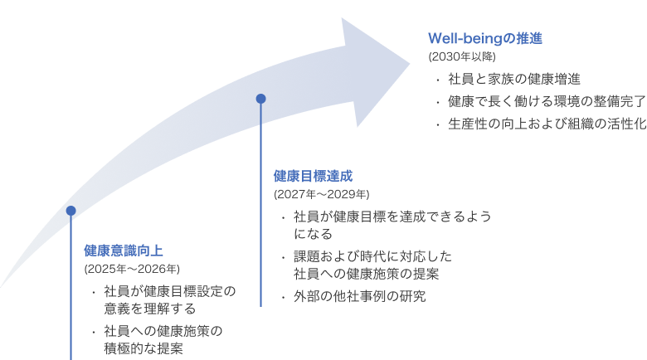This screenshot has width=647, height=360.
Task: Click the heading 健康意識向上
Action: pos(124,250)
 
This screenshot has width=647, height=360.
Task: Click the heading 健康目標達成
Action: pos(314,176)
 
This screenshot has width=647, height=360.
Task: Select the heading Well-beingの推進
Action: pos(484,38)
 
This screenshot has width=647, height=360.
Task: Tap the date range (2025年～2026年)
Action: pos(132,269)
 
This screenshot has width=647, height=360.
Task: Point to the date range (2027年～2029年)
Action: pos(322,195)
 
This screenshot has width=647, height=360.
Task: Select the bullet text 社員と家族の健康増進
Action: pos(513,80)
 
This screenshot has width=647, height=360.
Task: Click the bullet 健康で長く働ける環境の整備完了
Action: pos(547,101)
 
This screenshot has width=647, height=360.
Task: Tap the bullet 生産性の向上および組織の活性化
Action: pos(547,124)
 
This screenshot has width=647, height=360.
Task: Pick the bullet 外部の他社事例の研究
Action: pos(359,296)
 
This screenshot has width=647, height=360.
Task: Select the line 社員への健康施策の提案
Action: pos(366,273)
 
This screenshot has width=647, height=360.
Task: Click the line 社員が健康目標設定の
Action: pos(170,291)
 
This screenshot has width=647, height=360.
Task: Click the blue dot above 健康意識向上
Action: pos(71,211)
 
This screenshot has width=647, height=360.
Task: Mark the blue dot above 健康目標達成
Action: pos(260,99)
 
